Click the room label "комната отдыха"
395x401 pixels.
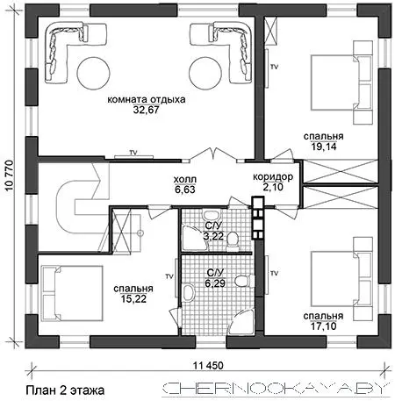[147, 99]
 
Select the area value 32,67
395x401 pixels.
[146, 110]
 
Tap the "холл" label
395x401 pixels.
[185, 179]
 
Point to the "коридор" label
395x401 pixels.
[273, 176]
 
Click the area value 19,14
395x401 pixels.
[324, 147]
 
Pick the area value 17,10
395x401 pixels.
[323, 326]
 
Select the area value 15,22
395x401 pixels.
[133, 299]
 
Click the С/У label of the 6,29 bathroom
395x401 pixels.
[215, 273]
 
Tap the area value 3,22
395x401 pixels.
[214, 236]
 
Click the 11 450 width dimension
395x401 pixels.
[208, 365]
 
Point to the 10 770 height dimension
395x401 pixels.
[10, 175]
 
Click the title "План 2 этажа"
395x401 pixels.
[65, 390]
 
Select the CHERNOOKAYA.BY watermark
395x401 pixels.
[276, 389]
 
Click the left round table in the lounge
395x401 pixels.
[93, 73]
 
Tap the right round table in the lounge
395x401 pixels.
[205, 73]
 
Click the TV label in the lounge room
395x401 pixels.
[133, 153]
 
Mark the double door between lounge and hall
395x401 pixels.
[214, 154]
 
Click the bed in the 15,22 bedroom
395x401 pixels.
[73, 293]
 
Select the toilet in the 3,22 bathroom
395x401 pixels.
[233, 240]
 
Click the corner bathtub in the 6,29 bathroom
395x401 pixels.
[241, 322]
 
